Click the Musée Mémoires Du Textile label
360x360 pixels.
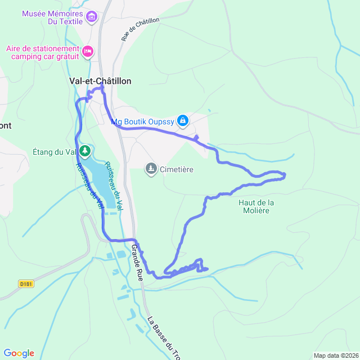53,17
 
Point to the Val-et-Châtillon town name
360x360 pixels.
100,81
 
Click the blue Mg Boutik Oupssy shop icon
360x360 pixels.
183,120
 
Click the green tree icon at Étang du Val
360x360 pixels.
84,151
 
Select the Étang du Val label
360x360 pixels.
55,151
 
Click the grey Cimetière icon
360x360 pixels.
151,168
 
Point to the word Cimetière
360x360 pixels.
177,169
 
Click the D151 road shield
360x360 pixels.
26,283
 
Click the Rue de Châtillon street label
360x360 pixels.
140,29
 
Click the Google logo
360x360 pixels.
19,353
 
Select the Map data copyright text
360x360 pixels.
335,355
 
